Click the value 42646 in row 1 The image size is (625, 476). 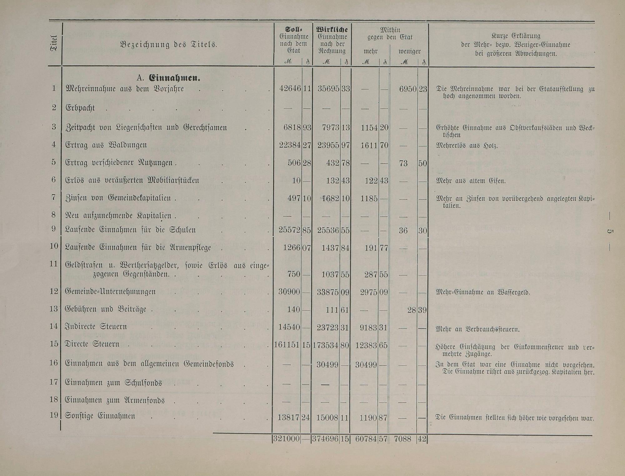[x=290, y=89]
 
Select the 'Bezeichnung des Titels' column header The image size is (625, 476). [x=168, y=44]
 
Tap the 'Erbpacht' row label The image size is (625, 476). [x=80, y=108]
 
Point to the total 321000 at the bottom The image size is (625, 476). [x=287, y=439]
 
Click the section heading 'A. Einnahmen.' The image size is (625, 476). [x=168, y=78]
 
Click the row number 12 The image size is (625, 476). [x=54, y=291]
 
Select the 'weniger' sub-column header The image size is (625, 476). [x=409, y=51]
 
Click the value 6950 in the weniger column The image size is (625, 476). [x=408, y=89]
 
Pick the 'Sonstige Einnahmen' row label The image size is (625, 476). [x=100, y=416]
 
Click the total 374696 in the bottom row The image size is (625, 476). [x=325, y=439]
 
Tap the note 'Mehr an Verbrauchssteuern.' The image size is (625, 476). [x=477, y=329]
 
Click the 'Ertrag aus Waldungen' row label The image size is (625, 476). [x=106, y=145]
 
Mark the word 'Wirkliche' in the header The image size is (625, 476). [x=332, y=30]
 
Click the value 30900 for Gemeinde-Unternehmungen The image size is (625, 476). [x=289, y=292]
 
